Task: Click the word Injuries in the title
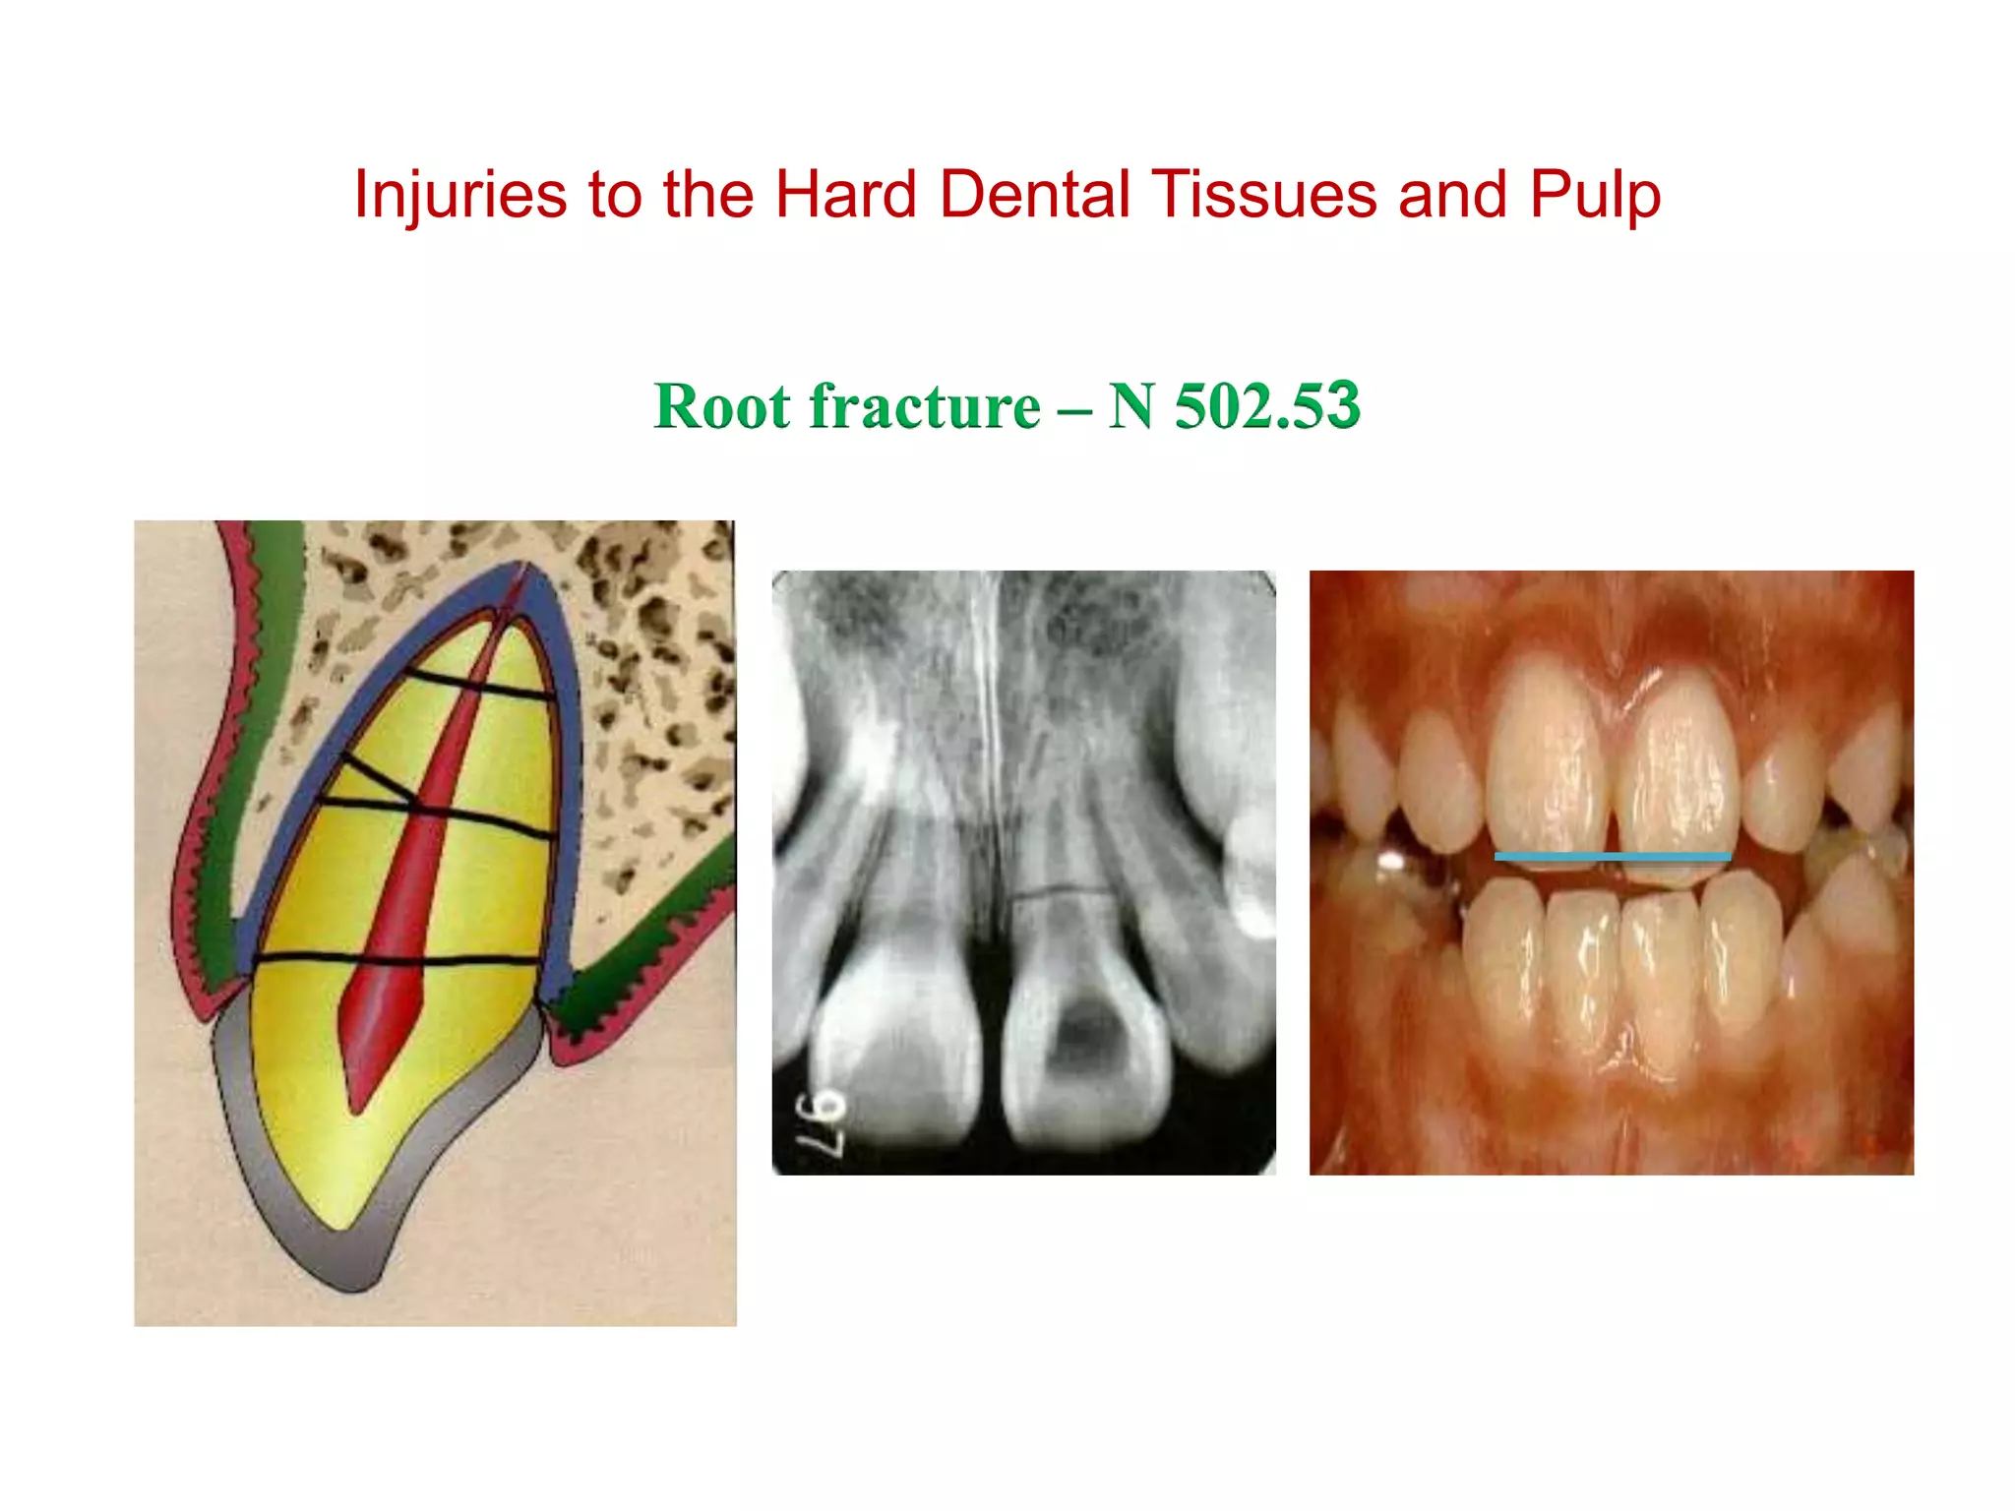459,194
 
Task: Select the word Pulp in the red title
1594,194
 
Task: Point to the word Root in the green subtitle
722,406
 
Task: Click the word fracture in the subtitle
924,406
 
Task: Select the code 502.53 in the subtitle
1266,404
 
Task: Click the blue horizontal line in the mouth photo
1612,857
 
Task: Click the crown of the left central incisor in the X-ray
895,1053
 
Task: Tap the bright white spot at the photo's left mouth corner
1392,861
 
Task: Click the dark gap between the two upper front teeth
1614,816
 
